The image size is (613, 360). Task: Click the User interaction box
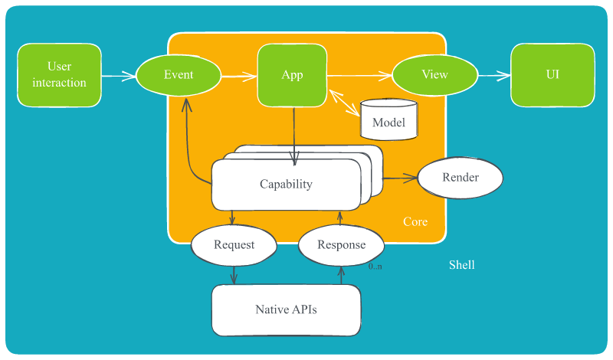pyautogui.click(x=59, y=75)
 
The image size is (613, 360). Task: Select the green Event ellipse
pyautogui.click(x=179, y=75)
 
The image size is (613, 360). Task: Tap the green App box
pyautogui.click(x=292, y=75)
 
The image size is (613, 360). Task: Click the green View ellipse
pyautogui.click(x=434, y=75)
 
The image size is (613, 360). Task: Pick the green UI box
pyautogui.click(x=552, y=75)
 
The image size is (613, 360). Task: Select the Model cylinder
pyautogui.click(x=388, y=120)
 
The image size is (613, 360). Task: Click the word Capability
pyautogui.click(x=286, y=185)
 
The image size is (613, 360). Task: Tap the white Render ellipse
pyautogui.click(x=461, y=178)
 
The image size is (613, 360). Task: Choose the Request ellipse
pyautogui.click(x=234, y=245)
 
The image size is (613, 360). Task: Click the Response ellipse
pyautogui.click(x=341, y=245)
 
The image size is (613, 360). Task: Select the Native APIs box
pyautogui.click(x=286, y=310)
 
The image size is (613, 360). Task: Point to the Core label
pyautogui.click(x=415, y=222)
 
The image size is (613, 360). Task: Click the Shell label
pyautogui.click(x=461, y=265)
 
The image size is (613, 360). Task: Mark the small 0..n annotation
pyautogui.click(x=375, y=266)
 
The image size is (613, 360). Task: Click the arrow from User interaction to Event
pyautogui.click(x=118, y=76)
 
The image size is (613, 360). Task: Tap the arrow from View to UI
pyautogui.click(x=493, y=75)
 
